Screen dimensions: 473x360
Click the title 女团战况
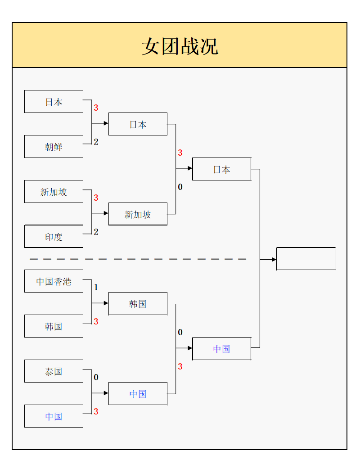pyautogui.click(x=180, y=46)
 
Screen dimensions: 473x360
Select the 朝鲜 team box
pyautogui.click(x=54, y=147)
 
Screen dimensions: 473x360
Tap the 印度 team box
pyautogui.click(x=54, y=237)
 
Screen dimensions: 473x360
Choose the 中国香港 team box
pyautogui.click(x=54, y=281)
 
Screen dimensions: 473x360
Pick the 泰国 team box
pyautogui.click(x=54, y=371)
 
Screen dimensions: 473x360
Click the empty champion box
pyautogui.click(x=306, y=259)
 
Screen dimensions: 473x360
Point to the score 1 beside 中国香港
pyautogui.click(x=96, y=288)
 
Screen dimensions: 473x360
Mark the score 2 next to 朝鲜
pyautogui.click(x=96, y=142)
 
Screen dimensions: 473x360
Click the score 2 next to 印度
pyautogui.click(x=96, y=232)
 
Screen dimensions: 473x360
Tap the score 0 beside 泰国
pyautogui.click(x=96, y=378)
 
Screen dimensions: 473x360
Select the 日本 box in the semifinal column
pyautogui.click(x=221, y=169)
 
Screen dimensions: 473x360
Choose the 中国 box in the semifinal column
pyautogui.click(x=221, y=349)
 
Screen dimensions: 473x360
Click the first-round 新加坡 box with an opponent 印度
pyautogui.click(x=54, y=192)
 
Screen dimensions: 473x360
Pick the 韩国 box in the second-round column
pyautogui.click(x=138, y=304)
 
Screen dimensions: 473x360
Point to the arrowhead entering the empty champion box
pyautogui.click(x=274, y=260)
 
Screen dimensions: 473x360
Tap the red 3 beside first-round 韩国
pyautogui.click(x=96, y=322)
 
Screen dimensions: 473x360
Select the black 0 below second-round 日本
pyautogui.click(x=180, y=187)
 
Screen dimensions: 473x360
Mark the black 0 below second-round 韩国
pyautogui.click(x=180, y=333)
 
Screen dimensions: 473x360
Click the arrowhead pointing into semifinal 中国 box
pyautogui.click(x=190, y=348)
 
